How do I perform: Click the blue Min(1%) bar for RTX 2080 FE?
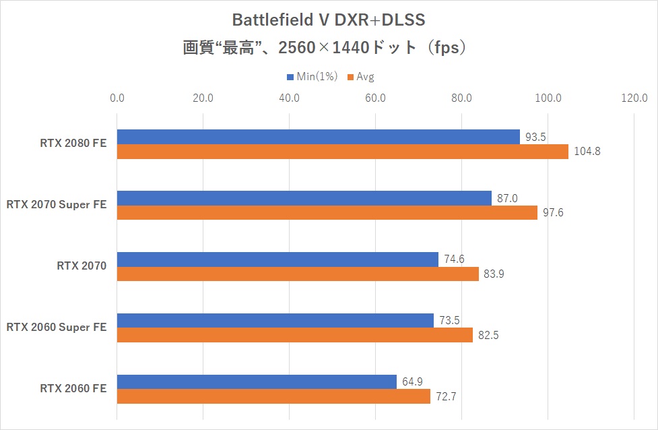click(x=318, y=137)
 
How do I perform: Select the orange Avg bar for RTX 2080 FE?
click(x=342, y=152)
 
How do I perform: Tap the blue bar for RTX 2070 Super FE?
click(x=304, y=198)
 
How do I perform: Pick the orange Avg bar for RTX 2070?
click(x=298, y=274)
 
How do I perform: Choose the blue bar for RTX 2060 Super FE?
click(x=275, y=320)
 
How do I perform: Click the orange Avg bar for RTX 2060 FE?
click(x=273, y=396)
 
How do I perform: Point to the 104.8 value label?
click(x=587, y=152)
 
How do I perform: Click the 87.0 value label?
click(x=507, y=198)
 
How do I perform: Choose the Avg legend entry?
click(x=361, y=77)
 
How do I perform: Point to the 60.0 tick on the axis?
click(x=375, y=98)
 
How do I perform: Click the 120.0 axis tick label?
click(x=634, y=98)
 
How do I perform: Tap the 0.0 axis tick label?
click(x=117, y=98)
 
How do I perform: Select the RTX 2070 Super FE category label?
click(x=57, y=204)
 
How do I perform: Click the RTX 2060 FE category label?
click(x=73, y=388)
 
